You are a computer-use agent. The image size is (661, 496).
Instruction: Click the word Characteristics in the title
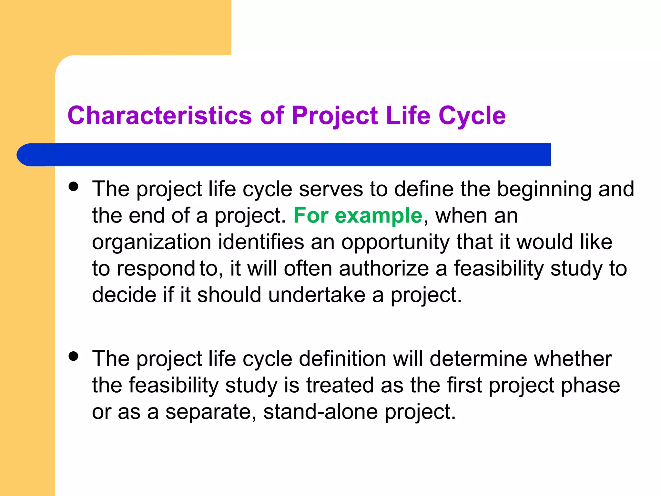pyautogui.click(x=159, y=115)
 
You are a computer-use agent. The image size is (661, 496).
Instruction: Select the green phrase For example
pyautogui.click(x=358, y=215)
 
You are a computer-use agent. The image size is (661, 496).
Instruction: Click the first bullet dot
pyautogui.click(x=74, y=186)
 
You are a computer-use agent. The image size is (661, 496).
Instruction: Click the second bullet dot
pyautogui.click(x=74, y=356)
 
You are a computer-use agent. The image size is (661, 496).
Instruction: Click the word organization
pyautogui.click(x=151, y=242)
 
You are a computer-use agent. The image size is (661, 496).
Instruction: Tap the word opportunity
pyautogui.click(x=395, y=242)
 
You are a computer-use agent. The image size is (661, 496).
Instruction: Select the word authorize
pyautogui.click(x=384, y=269)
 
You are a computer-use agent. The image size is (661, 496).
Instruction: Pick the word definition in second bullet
pyautogui.click(x=342, y=359)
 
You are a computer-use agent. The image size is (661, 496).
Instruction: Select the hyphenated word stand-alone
pyautogui.click(x=320, y=412)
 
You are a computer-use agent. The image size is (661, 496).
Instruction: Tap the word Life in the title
pyautogui.click(x=408, y=115)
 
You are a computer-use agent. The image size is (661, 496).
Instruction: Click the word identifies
pyautogui.click(x=261, y=242)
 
